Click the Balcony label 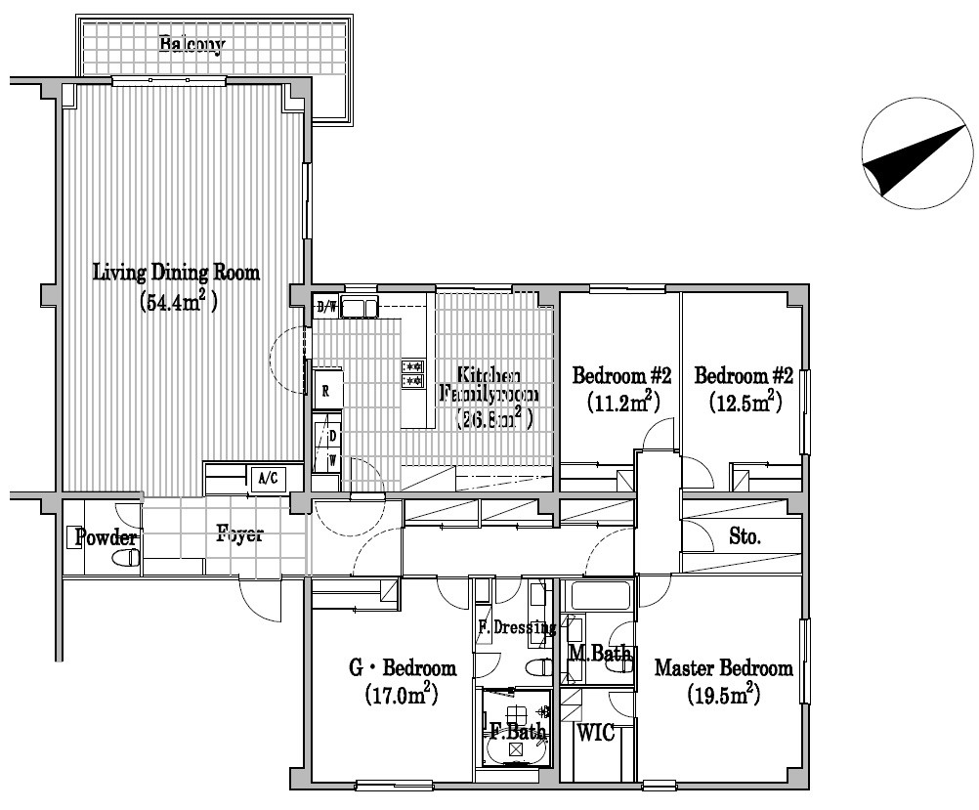(x=192, y=44)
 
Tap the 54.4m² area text (x=177, y=301)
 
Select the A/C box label (x=266, y=479)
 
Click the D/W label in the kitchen (x=326, y=308)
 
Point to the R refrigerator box (x=326, y=390)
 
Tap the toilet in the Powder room (x=125, y=560)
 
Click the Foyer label (x=240, y=535)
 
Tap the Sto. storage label (x=745, y=535)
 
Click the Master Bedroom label (x=723, y=669)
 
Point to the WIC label (x=595, y=733)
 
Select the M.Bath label (x=599, y=655)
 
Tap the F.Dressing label (x=516, y=627)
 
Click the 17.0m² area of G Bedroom (x=402, y=696)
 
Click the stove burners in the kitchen (x=412, y=373)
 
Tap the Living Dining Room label (x=177, y=273)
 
